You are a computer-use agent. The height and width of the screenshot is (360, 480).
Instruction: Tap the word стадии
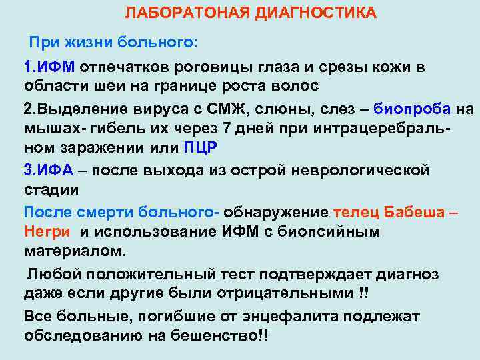click(51, 189)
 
